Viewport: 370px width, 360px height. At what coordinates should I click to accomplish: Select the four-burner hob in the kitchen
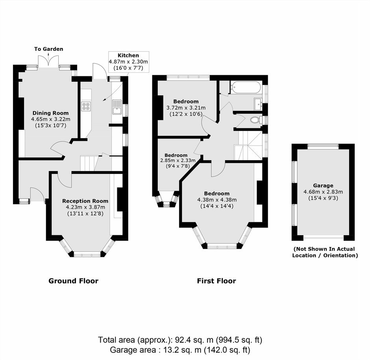click(85, 106)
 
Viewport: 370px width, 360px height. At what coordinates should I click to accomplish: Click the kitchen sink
click(117, 107)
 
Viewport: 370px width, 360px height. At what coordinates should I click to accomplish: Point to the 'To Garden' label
click(48, 49)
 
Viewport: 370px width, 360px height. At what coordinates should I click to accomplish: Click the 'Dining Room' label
click(50, 113)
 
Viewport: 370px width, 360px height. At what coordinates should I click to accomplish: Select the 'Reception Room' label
click(85, 201)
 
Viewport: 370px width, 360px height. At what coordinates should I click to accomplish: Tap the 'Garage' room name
click(323, 186)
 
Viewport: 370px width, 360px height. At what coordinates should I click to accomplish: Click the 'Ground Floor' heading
click(73, 281)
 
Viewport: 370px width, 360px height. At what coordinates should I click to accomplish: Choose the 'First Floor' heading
click(216, 281)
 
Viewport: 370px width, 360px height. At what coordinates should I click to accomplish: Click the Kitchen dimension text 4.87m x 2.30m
click(128, 62)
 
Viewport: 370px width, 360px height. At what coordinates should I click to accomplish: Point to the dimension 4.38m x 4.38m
click(217, 200)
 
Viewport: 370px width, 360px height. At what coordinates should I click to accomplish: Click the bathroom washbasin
click(258, 104)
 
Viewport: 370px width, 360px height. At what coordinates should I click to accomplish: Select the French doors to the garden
click(48, 61)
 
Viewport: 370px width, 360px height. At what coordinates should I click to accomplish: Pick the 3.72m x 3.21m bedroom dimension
click(186, 108)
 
